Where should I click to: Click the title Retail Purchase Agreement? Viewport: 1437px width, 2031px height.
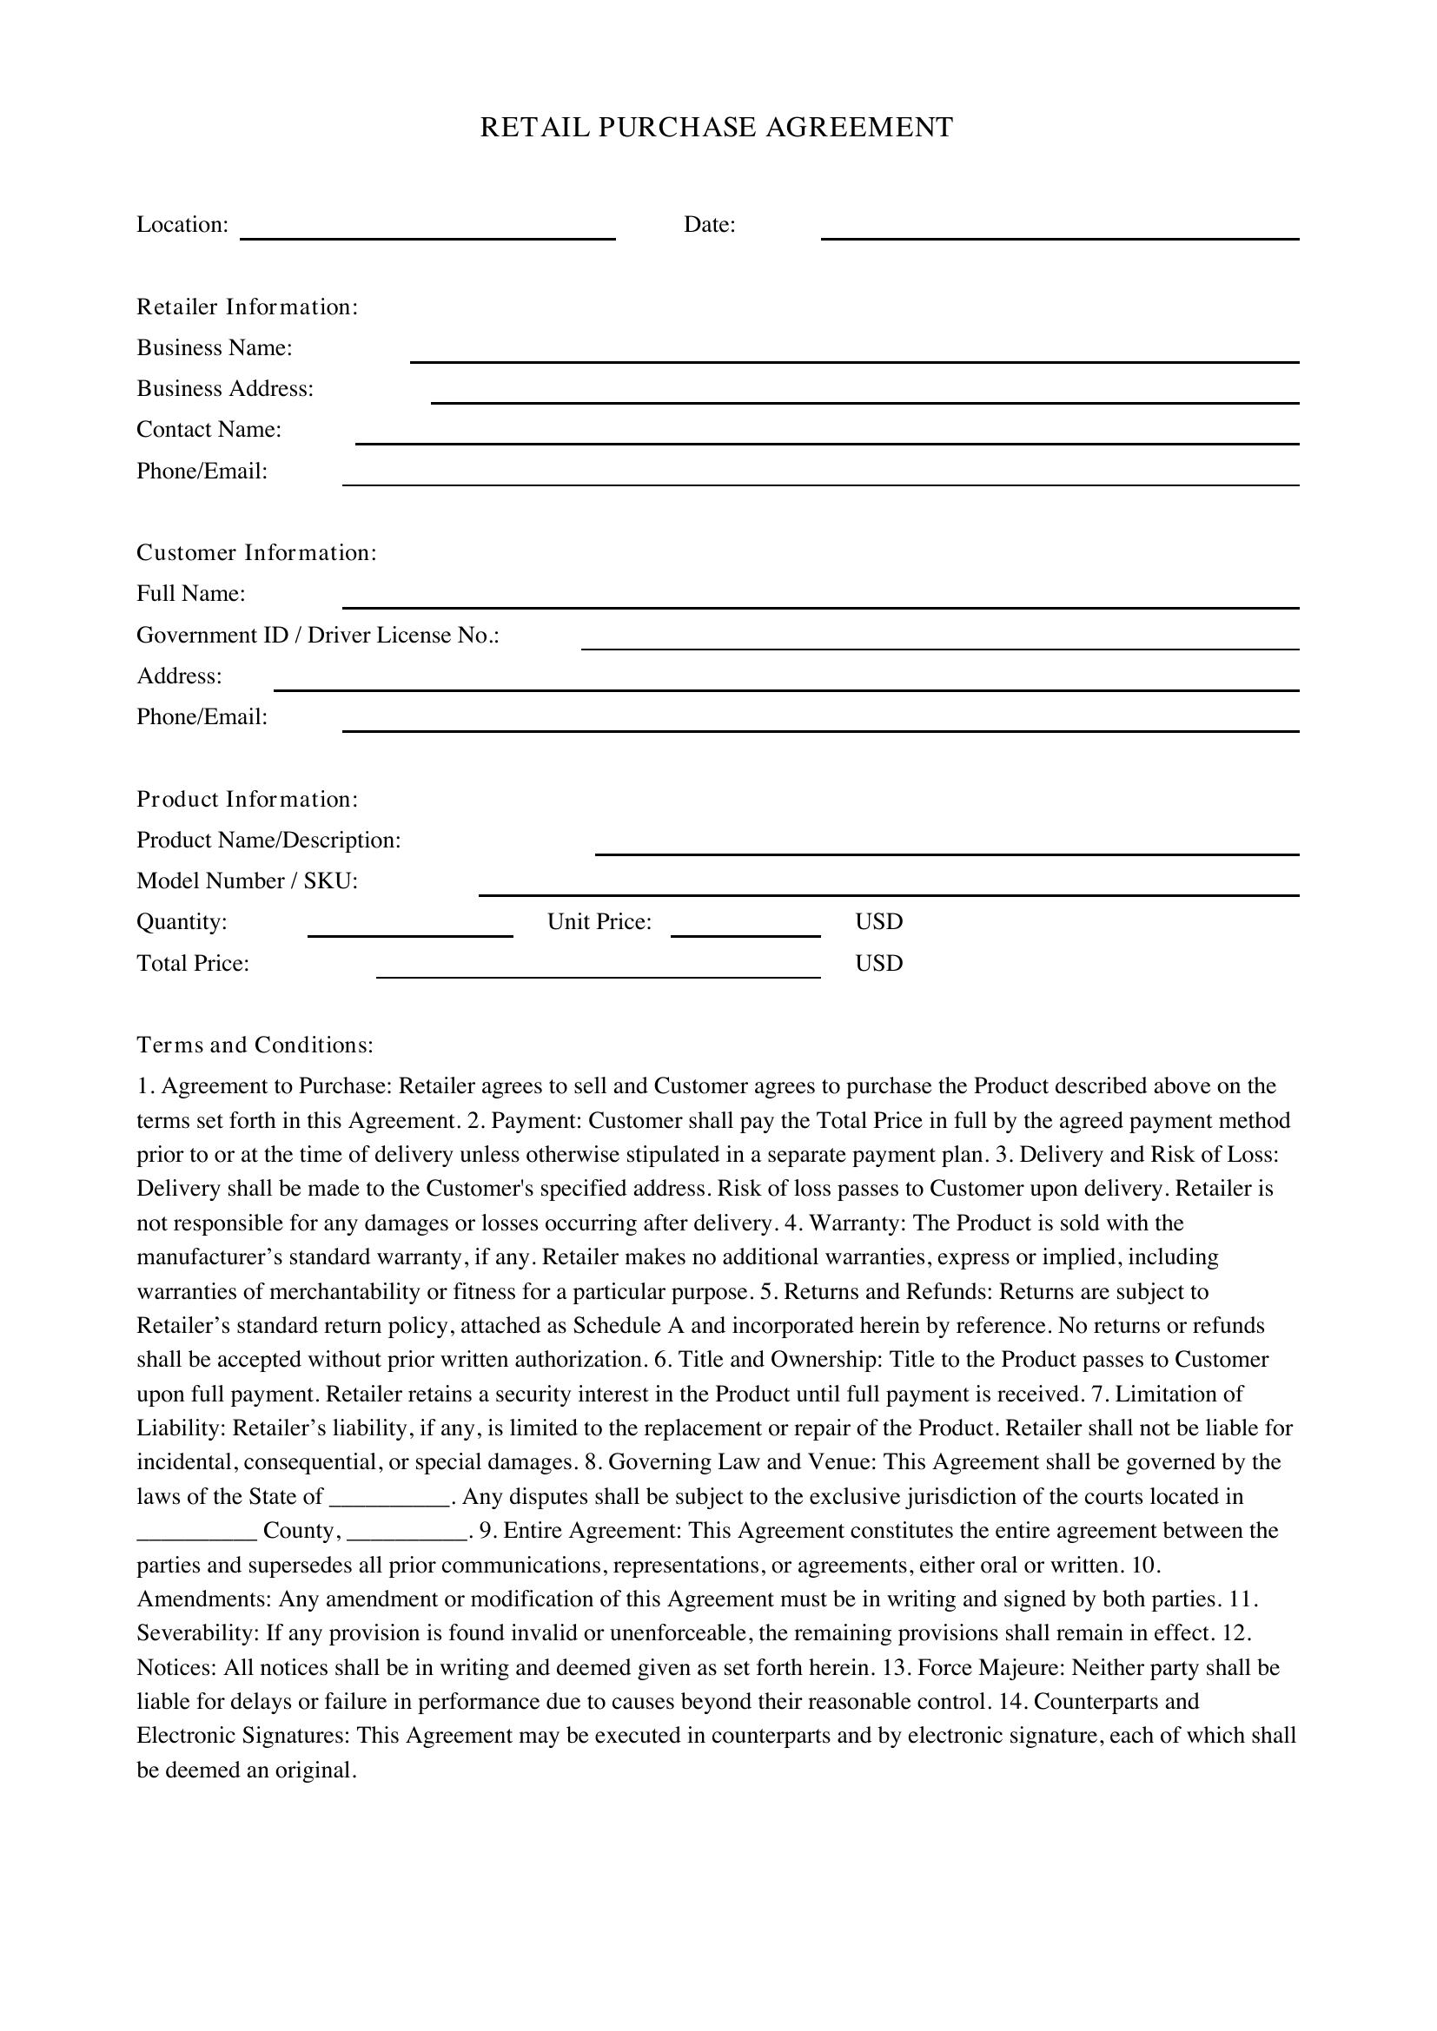(716, 128)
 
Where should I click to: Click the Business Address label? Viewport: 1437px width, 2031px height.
(225, 388)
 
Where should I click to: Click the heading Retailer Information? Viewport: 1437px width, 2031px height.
(247, 307)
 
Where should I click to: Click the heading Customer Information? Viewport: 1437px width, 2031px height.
(256, 553)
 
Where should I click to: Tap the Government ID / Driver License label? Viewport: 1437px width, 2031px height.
(318, 635)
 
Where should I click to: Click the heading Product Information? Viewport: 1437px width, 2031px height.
(247, 800)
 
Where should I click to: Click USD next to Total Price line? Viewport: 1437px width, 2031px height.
(878, 963)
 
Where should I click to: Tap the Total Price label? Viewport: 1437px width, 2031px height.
(193, 963)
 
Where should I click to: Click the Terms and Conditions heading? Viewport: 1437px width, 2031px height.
(255, 1045)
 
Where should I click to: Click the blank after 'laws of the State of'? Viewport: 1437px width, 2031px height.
(389, 1500)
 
